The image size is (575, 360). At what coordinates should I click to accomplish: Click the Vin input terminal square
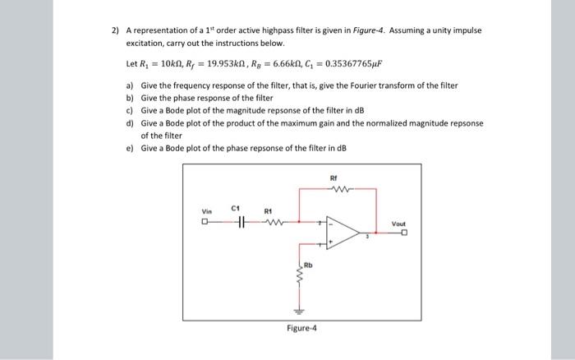(x=205, y=221)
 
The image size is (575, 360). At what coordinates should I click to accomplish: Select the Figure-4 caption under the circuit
(x=301, y=328)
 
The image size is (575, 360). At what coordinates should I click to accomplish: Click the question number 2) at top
(x=116, y=30)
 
